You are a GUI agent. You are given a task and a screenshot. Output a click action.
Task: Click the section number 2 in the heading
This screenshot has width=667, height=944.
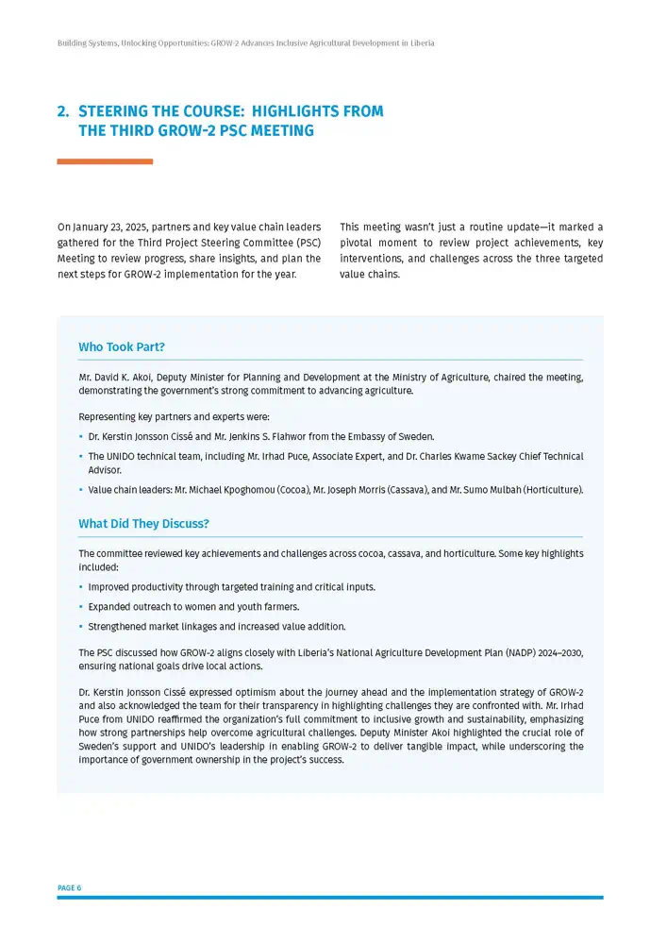click(62, 111)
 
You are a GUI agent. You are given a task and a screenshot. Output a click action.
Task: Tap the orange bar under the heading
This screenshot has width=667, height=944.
click(105, 161)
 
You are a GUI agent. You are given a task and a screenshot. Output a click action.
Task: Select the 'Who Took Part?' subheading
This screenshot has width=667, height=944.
click(122, 347)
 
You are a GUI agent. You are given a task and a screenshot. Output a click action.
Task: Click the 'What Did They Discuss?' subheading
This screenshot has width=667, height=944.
click(143, 524)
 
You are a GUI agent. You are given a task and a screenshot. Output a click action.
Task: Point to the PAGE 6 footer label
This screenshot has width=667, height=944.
click(69, 888)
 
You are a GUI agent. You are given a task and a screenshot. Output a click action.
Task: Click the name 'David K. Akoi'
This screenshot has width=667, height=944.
click(124, 378)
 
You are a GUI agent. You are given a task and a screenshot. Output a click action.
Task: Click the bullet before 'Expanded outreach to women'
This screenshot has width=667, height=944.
click(81, 607)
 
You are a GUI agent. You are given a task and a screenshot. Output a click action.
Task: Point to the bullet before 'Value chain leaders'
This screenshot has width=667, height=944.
click(81, 490)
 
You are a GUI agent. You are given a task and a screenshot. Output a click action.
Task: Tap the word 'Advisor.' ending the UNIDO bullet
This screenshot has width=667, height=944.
click(105, 470)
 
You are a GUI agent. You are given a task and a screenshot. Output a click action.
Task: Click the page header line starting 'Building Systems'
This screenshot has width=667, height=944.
click(245, 43)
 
